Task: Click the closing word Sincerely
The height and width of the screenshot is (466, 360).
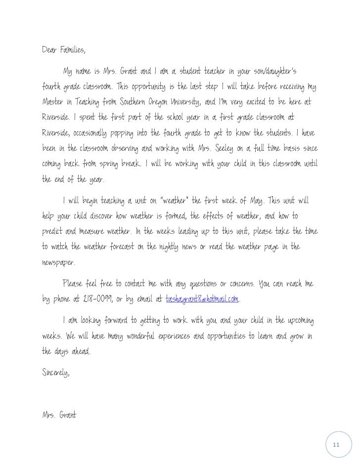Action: coord(55,373)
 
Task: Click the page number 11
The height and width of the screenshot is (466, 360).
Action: coord(336,445)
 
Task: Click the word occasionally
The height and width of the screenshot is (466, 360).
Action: coord(98,133)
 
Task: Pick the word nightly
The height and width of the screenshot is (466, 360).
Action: coord(173,247)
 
